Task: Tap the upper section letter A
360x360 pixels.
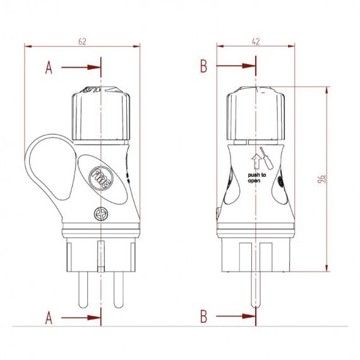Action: pos(49,68)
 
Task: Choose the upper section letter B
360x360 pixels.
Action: pos(203,66)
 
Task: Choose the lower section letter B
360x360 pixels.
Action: pos(203,316)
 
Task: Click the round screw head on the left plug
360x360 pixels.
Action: pos(100,214)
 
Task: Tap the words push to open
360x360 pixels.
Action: pos(254,176)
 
